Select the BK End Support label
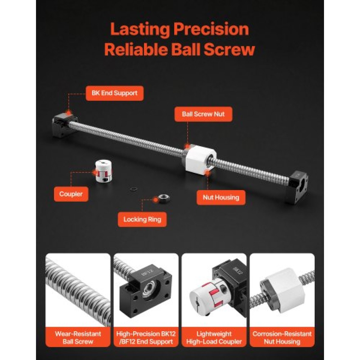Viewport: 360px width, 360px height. tap(115, 93)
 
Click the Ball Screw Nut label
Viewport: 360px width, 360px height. tap(203, 114)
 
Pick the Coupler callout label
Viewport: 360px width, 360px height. tap(71, 194)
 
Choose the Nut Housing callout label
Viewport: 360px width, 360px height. tap(221, 197)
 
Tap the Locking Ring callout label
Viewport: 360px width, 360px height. tap(142, 219)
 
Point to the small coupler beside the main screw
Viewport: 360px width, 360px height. tap(103, 171)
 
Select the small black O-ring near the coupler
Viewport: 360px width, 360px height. tap(134, 189)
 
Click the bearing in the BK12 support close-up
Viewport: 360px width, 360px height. tap(151, 292)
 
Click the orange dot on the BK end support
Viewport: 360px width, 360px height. tap(69, 113)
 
